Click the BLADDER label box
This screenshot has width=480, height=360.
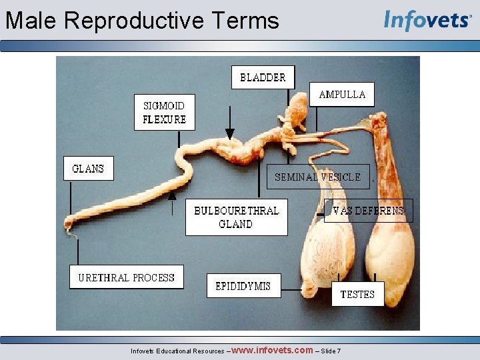click(263, 77)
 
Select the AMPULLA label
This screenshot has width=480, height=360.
click(342, 95)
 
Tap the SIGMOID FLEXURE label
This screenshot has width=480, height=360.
click(164, 113)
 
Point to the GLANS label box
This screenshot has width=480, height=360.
click(88, 169)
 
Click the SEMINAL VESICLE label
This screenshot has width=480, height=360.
click(318, 177)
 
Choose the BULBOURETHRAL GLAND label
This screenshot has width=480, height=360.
click(236, 217)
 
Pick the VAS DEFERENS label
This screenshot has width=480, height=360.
click(368, 211)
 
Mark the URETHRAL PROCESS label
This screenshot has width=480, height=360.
click(126, 278)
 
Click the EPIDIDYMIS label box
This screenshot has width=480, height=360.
click(243, 286)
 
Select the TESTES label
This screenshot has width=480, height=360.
click(357, 294)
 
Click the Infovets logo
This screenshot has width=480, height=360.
click(427, 20)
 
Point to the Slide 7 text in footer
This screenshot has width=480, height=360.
click(331, 351)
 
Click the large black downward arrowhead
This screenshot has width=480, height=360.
click(230, 133)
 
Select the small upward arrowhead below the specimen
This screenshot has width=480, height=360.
click(173, 195)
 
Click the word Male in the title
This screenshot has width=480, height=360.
click(32, 21)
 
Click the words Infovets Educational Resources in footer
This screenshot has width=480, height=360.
click(177, 351)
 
